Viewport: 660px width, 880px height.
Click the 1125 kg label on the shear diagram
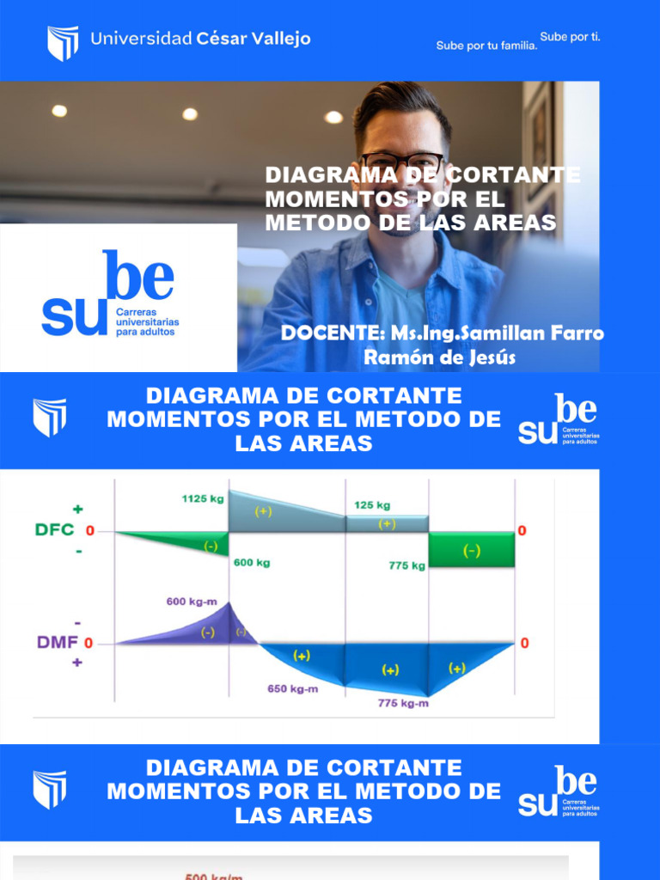[x=204, y=498]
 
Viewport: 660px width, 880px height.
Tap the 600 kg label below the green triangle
[x=252, y=563]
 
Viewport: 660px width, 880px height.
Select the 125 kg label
[x=372, y=505]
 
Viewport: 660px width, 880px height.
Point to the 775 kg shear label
[x=406, y=565]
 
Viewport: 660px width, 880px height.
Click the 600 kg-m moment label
[x=192, y=602]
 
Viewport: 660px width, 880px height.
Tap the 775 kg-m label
[x=403, y=704]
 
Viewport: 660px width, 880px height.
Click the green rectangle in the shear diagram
[x=472, y=550]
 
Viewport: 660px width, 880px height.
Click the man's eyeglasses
[x=401, y=163]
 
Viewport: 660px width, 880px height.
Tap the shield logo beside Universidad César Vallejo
[x=62, y=42]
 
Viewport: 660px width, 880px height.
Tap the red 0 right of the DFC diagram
[x=522, y=531]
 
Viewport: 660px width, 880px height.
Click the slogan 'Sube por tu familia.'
[x=486, y=46]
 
